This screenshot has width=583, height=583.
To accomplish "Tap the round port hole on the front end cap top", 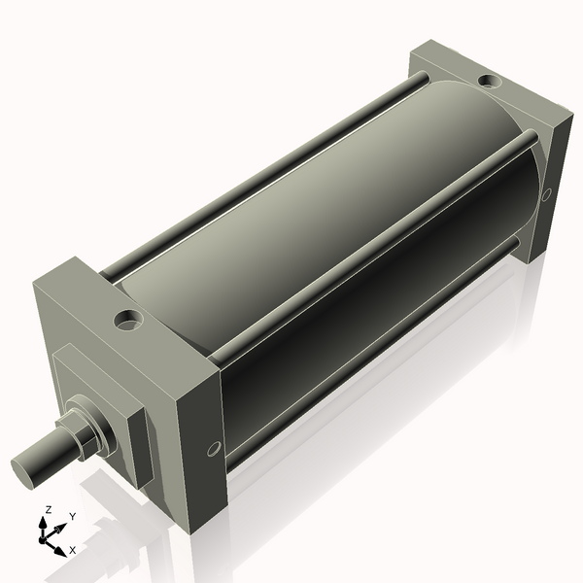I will [127, 318].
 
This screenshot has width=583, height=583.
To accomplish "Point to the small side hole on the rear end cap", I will [546, 194].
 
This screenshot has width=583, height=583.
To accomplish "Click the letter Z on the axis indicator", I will [48, 509].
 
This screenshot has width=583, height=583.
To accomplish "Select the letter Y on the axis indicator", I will [72, 517].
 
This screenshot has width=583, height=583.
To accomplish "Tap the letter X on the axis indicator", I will [72, 550].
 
